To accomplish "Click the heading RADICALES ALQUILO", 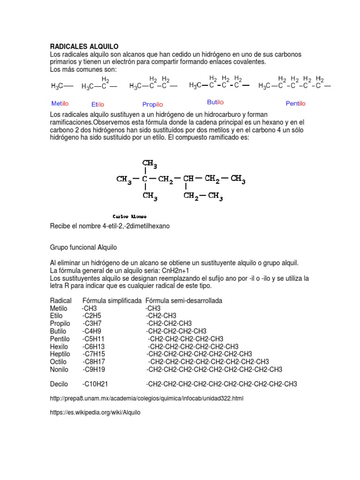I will [x=84, y=46].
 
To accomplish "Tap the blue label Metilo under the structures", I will [x=60, y=103].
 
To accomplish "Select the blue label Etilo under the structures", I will [x=97, y=105].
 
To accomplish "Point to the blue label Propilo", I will [x=152, y=105].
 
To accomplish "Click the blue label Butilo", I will [x=215, y=102].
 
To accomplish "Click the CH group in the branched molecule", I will [x=188, y=179].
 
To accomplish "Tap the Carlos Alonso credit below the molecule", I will [x=130, y=217].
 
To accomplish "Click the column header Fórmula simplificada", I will [x=112, y=300].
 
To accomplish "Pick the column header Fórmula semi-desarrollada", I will [x=184, y=300].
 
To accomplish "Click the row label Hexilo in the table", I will [x=60, y=346].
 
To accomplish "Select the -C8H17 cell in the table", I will [x=94, y=361].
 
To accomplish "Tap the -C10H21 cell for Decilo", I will [x=95, y=384].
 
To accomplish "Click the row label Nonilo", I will [x=60, y=369].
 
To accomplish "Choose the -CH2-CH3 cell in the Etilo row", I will [x=161, y=315].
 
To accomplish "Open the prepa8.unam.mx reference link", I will [x=147, y=398].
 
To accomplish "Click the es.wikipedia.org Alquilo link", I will [x=95, y=412].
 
